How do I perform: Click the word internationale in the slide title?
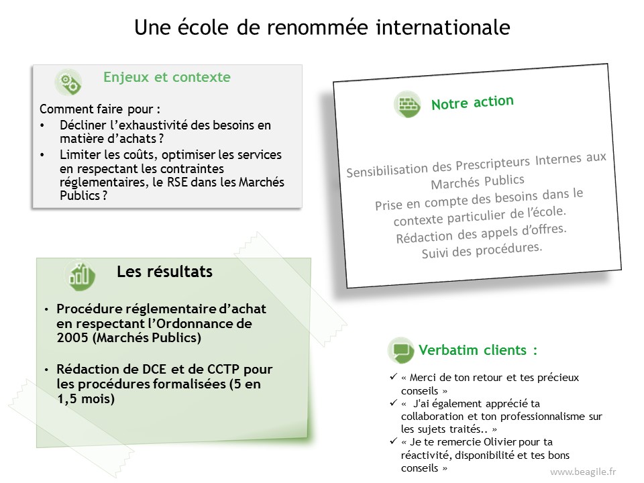pyautogui.click(x=443, y=27)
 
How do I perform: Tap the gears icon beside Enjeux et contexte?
pyautogui.click(x=68, y=82)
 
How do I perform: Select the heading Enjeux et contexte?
pyautogui.click(x=167, y=76)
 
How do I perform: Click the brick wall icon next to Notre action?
pyautogui.click(x=407, y=105)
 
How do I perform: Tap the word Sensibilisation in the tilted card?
pyautogui.click(x=387, y=170)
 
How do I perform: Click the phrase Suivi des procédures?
pyautogui.click(x=482, y=250)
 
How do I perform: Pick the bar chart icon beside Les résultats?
pyautogui.click(x=80, y=276)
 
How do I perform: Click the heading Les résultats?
pyautogui.click(x=165, y=272)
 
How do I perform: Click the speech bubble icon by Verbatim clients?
pyautogui.click(x=401, y=350)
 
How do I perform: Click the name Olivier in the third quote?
pyautogui.click(x=500, y=442)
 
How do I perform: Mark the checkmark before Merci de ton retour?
pyautogui.click(x=394, y=376)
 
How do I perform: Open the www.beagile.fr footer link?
pyautogui.click(x=583, y=472)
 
